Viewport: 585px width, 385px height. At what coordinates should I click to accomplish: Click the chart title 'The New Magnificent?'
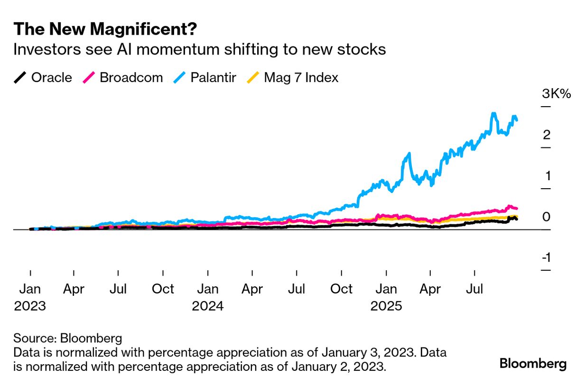click(x=105, y=29)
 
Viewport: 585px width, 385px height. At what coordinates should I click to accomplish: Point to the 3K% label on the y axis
click(x=557, y=94)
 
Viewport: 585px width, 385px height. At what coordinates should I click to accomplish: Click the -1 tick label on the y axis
click(x=546, y=258)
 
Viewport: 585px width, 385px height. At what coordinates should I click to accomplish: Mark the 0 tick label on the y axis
click(x=547, y=217)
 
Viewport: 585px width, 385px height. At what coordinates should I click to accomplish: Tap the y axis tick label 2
click(x=547, y=135)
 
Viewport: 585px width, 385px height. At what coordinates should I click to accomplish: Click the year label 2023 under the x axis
click(x=30, y=306)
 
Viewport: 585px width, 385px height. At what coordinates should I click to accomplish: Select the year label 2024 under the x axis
click(x=208, y=306)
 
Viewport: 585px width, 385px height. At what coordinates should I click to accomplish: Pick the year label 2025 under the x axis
click(x=386, y=306)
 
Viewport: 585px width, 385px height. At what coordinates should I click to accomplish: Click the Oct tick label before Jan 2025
click(x=341, y=289)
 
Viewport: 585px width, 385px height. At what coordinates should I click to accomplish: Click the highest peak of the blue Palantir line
click(x=493, y=114)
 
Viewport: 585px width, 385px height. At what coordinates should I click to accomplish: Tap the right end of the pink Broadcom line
click(x=516, y=209)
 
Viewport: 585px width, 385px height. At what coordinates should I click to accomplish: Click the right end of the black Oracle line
click(x=516, y=219)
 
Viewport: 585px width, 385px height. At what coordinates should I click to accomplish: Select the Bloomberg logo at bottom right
click(x=533, y=364)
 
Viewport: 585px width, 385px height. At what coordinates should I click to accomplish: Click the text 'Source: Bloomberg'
click(x=68, y=338)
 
